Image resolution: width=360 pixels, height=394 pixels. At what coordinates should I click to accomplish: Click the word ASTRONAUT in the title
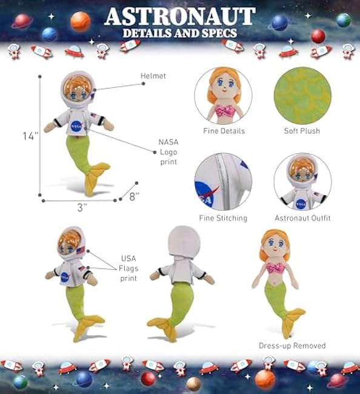coord(180,16)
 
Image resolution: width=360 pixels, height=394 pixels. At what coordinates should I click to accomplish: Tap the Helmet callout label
coord(153,76)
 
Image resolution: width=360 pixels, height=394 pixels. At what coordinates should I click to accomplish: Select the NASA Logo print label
coord(168,152)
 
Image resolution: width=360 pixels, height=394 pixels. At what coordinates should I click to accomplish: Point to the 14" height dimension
coord(30,136)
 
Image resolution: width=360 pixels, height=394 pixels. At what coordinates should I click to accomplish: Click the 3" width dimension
coord(82,207)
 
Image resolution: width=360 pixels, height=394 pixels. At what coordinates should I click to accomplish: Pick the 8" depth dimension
coord(134,196)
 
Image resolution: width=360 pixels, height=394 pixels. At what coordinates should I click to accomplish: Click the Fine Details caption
coord(224,131)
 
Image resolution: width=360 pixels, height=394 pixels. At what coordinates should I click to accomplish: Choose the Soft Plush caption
coord(302,131)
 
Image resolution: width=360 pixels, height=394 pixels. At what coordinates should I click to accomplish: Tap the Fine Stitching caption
coord(224,218)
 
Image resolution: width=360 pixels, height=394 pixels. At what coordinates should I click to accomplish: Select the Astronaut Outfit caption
coord(302,218)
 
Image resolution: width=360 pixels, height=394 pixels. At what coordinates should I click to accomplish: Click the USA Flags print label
coord(128,269)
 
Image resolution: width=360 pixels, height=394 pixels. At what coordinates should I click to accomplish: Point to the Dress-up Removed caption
coord(292,346)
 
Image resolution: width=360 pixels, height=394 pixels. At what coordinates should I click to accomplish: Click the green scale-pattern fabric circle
coord(302,96)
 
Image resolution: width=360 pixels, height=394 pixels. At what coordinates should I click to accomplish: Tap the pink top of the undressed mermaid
coord(276,268)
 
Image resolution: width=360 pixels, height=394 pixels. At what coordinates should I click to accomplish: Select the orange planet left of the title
coord(81,21)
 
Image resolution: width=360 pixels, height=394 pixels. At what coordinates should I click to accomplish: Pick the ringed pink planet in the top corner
coord(21,21)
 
